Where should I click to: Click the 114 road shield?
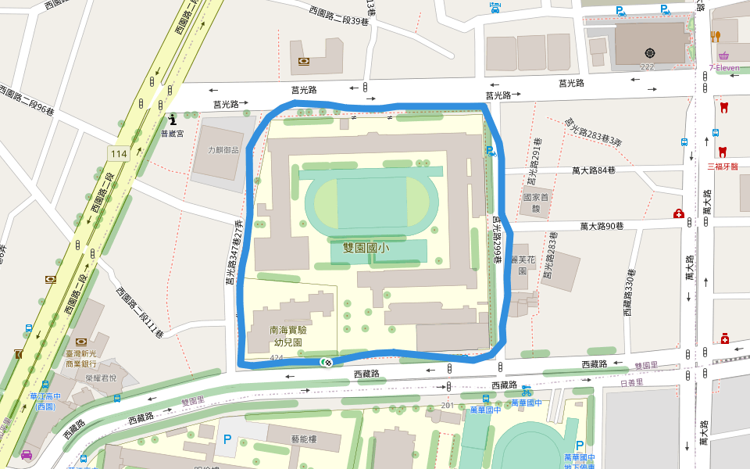pyautogui.click(x=119, y=152)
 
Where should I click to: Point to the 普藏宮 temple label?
pyautogui.click(x=171, y=134)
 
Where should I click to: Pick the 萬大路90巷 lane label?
pyautogui.click(x=602, y=226)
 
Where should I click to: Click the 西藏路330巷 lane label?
pyautogui.click(x=629, y=293)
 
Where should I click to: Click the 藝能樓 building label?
pyautogui.click(x=304, y=439)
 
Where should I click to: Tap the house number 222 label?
pyautogui.click(x=647, y=67)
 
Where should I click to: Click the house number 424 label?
pyautogui.click(x=276, y=358)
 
